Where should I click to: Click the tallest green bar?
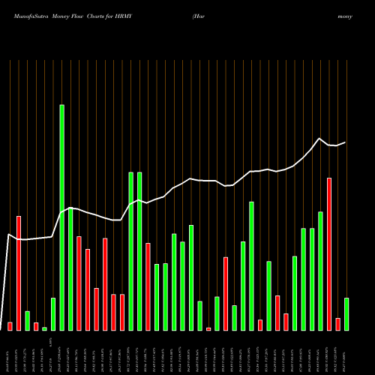click(61, 217)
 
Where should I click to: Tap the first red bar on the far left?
click(10, 326)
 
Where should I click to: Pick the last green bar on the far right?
click(346, 313)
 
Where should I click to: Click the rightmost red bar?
click(337, 324)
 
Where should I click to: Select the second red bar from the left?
click(19, 273)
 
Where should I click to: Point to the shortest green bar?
click(44, 328)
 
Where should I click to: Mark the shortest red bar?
click(208, 328)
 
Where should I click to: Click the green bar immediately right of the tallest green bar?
click(70, 270)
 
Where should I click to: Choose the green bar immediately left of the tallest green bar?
click(53, 313)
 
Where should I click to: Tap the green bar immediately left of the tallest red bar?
click(320, 271)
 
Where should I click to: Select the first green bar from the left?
click(27, 320)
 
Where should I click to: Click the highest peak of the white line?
click(320, 139)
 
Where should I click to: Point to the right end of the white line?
click(346, 142)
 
